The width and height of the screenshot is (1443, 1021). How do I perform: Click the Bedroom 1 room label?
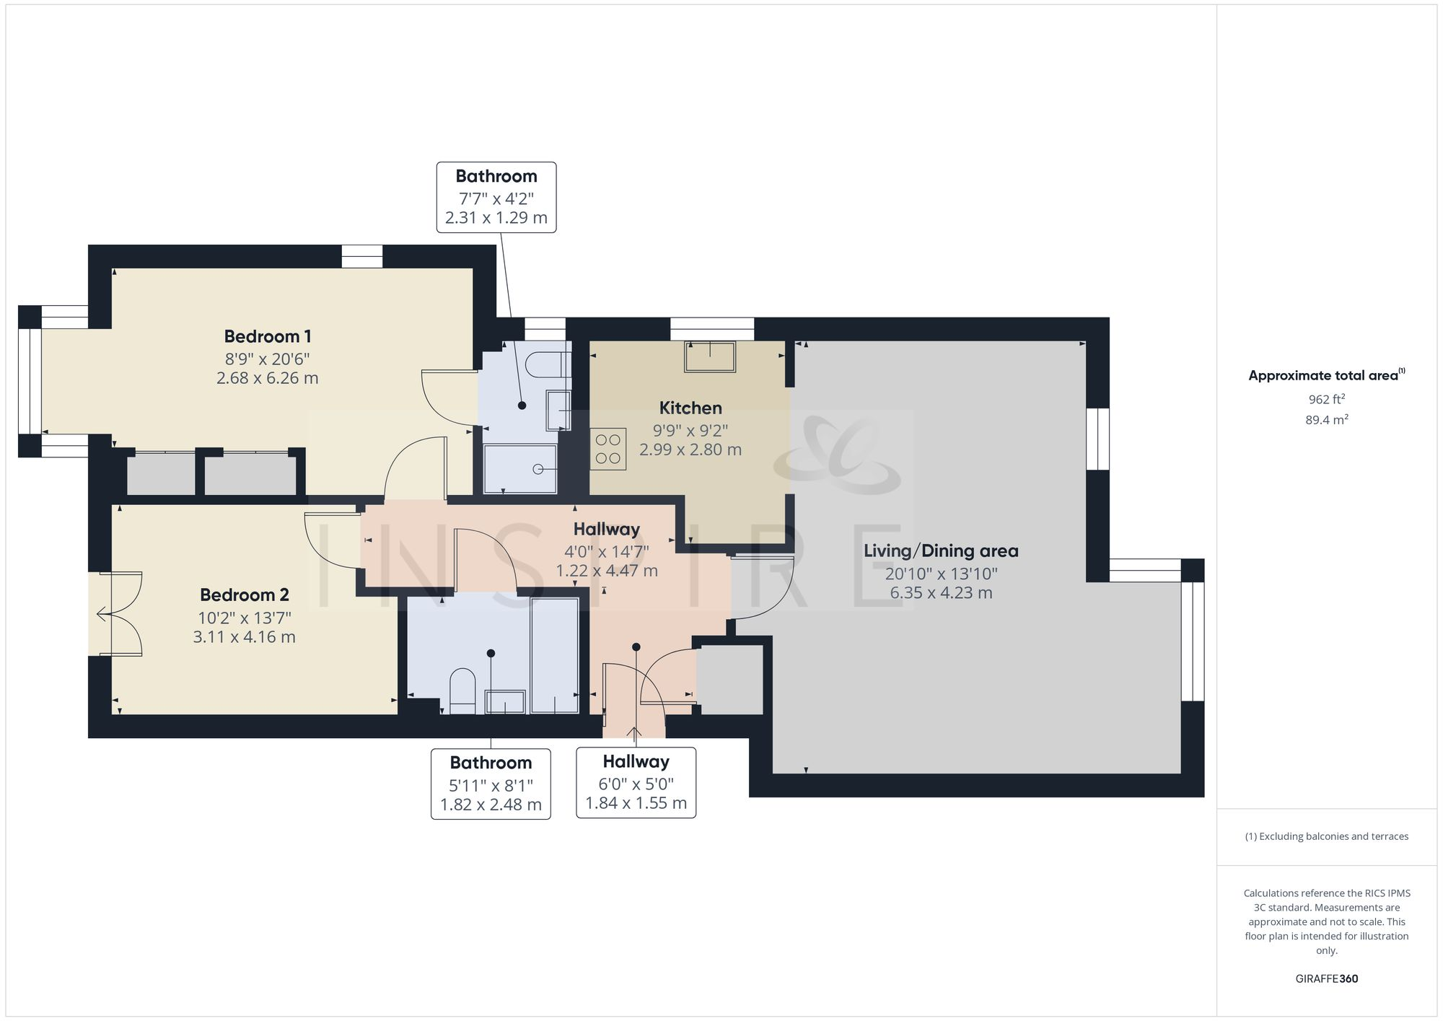pos(267,336)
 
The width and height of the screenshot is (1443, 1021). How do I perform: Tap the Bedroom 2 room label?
pos(244,595)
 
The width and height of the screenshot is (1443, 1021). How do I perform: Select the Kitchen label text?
pos(690,408)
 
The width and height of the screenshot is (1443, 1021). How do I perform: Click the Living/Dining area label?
pos(941,551)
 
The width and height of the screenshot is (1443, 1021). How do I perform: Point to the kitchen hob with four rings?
pos(608,449)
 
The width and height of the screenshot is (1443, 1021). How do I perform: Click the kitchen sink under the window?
pos(710,356)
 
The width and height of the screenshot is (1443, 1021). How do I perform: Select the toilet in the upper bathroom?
pos(548,365)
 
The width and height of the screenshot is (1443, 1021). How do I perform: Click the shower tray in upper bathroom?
pos(520,468)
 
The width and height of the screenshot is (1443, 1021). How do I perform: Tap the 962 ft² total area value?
pos(1326,399)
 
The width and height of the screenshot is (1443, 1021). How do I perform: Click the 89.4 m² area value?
pos(1326,420)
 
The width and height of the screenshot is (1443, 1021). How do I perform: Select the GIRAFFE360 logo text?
pos(1326,978)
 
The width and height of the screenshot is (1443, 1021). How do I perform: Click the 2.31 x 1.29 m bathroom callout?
pos(496,217)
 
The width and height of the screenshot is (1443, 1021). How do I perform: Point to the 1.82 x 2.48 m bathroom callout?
pos(491,805)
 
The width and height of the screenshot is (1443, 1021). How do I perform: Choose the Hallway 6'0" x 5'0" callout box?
pos(636,783)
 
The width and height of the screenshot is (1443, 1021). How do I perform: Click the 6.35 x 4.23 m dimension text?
pos(941,593)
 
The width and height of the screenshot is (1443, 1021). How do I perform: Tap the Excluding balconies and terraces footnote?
pos(1326,836)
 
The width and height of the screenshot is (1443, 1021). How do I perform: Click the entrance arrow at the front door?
pos(634,735)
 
